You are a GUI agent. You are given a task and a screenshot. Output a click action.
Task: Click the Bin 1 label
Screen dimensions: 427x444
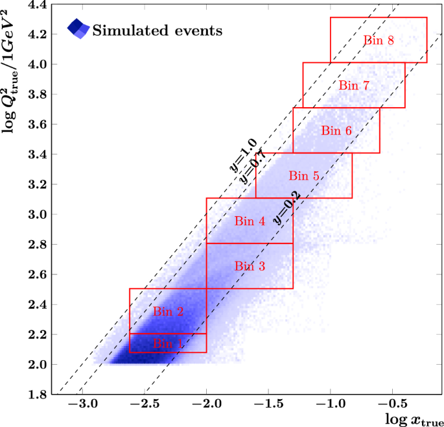(168, 344)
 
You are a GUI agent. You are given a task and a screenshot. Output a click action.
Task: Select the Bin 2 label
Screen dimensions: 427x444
(168, 312)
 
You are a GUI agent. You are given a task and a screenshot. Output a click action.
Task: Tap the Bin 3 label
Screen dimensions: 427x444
(250, 266)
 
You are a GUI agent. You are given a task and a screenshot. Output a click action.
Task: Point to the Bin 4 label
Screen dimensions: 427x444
(250, 221)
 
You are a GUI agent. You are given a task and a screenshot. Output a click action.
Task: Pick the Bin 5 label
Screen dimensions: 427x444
(304, 175)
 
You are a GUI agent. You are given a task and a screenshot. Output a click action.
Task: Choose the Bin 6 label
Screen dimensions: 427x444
(336, 130)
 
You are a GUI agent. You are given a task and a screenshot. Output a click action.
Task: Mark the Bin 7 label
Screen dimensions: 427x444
(354, 85)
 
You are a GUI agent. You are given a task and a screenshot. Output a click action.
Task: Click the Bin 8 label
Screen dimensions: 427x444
(379, 40)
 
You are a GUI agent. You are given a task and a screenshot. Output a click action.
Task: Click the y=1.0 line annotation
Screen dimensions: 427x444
(243, 155)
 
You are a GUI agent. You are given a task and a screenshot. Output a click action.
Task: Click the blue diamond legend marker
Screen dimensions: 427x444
(78, 29)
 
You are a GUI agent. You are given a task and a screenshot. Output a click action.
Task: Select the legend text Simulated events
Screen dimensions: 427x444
(158, 30)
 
